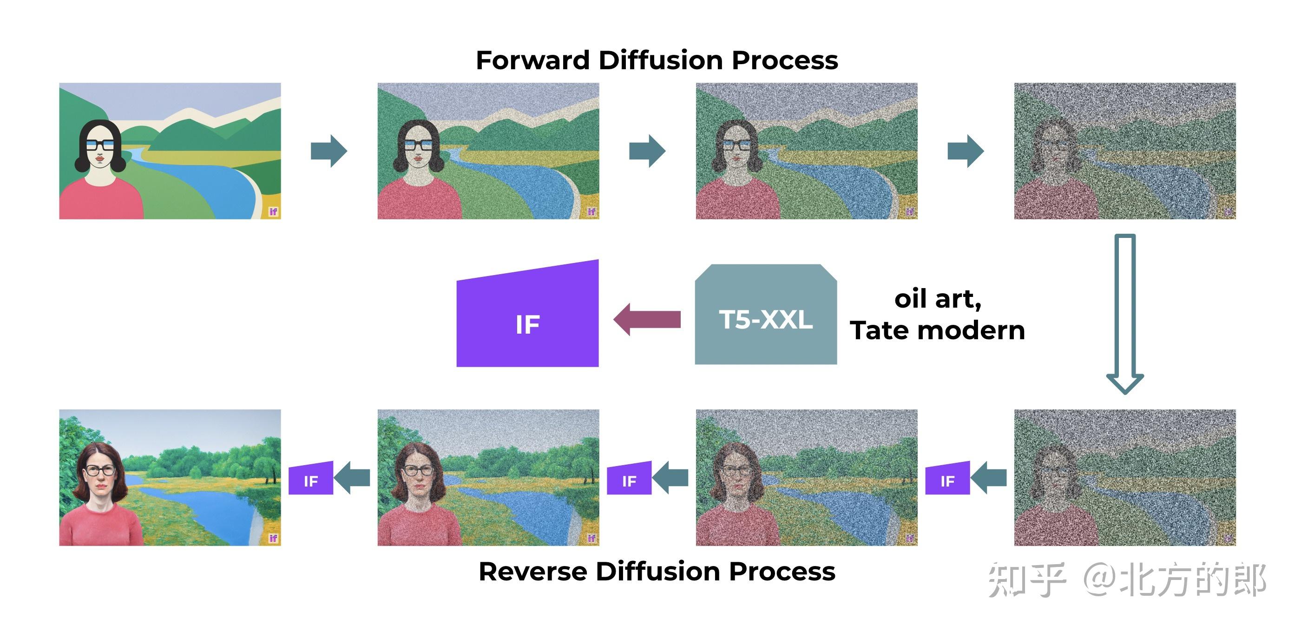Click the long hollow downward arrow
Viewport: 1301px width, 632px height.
click(x=1125, y=313)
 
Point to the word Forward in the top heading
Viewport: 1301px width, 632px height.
click(x=532, y=60)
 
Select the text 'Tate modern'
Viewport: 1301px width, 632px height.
click(x=937, y=331)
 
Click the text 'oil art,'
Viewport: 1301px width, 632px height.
click(x=937, y=299)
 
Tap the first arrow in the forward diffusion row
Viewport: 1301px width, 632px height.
click(x=329, y=151)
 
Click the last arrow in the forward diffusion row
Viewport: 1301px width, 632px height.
click(x=965, y=151)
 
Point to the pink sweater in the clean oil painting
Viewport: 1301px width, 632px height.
click(x=101, y=526)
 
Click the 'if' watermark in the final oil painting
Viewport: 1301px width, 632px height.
click(x=273, y=538)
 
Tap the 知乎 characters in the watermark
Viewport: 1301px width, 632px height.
click(x=1027, y=580)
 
